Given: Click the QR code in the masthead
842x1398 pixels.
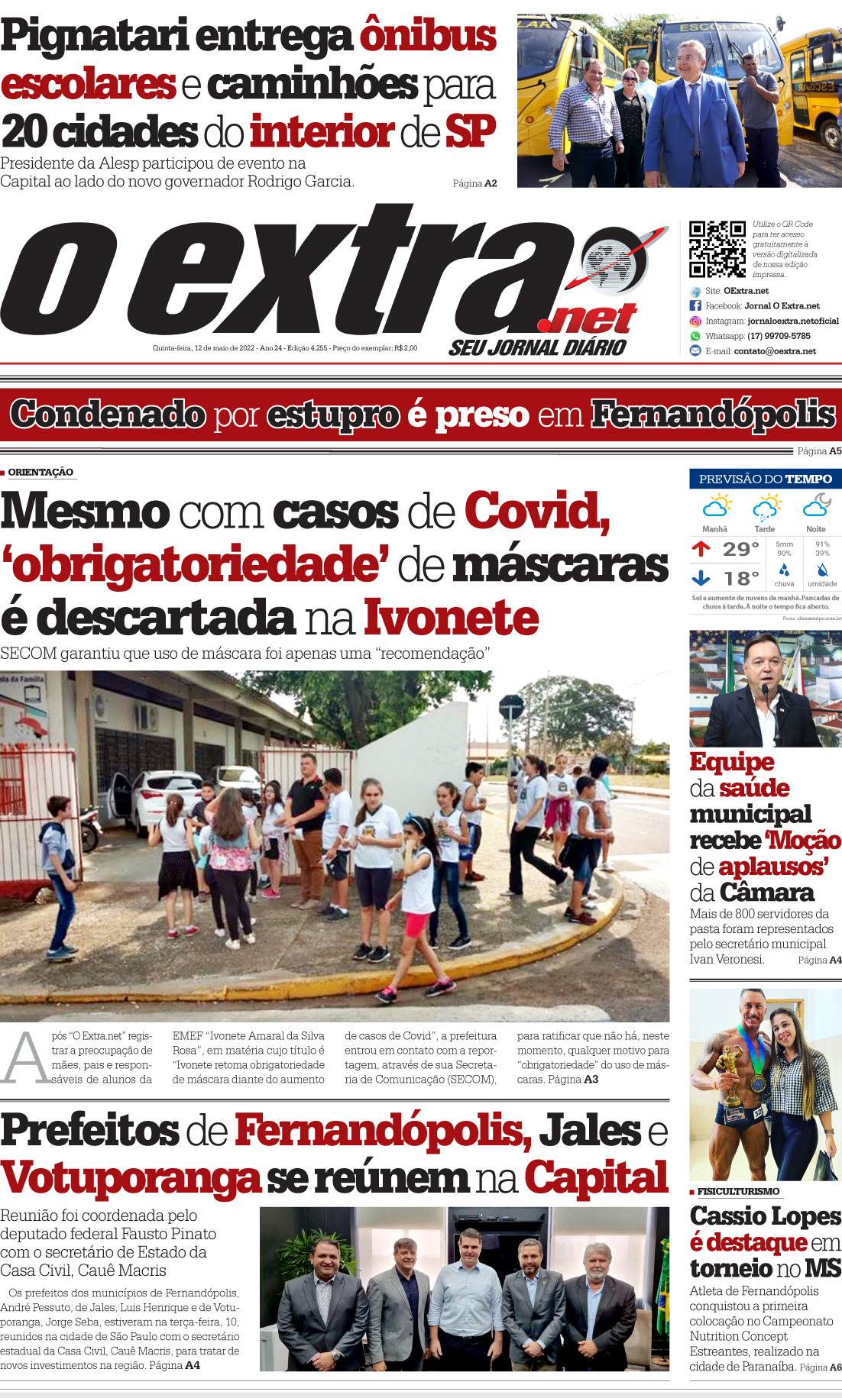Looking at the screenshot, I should pos(717,249).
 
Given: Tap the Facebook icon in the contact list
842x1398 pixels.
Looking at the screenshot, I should pos(695,305).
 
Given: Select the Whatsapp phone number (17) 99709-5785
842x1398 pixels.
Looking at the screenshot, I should pos(779,336).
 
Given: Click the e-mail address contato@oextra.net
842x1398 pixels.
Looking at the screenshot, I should pos(775,351).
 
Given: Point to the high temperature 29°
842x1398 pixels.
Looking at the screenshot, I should pos(740,549).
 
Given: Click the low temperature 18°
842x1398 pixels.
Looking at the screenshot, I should pos(741,578).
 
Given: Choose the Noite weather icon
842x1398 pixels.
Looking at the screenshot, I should pos(816,505).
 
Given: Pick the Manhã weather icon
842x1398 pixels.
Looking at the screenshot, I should pos(716,505).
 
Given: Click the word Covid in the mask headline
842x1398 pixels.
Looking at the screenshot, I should pos(536,511).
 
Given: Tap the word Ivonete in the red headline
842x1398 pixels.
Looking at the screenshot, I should pos(451,618).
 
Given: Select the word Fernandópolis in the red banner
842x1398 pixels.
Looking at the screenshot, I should pos(714,415).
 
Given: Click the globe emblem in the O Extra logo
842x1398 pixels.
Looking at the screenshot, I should pos(611,260).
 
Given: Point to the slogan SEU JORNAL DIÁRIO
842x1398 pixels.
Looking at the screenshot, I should pos(537,348).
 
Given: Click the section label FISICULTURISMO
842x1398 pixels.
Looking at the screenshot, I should pos(738,1191).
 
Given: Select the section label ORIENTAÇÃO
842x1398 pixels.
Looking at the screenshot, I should pos(40,472).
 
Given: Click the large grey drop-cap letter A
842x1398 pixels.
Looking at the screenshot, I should pos(24,1058).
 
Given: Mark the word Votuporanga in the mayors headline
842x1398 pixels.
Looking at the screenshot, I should pos(131,1178).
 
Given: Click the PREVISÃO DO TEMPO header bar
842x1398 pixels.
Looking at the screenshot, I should pos(765,479).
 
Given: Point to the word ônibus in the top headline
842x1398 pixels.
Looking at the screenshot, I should pos(428,36).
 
